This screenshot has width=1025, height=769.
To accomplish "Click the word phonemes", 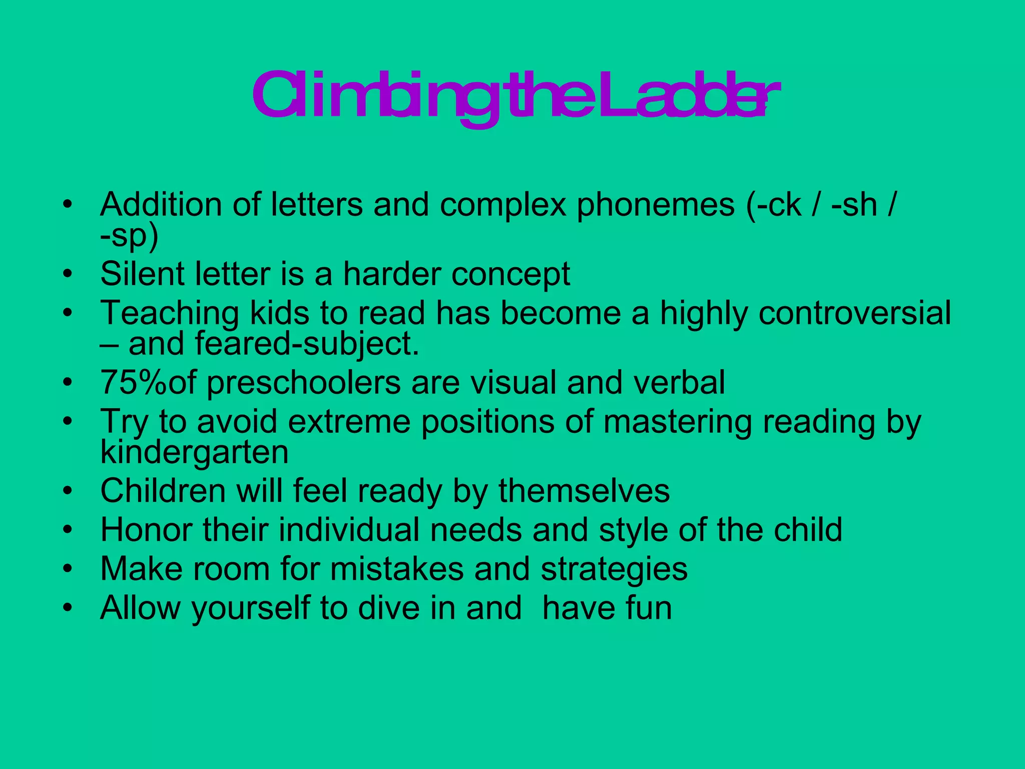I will pos(656,205).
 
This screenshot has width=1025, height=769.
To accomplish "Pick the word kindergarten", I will pos(194,453).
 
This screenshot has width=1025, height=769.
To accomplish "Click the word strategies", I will pos(614,570).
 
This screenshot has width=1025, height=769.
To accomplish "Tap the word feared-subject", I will pos(306,345).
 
